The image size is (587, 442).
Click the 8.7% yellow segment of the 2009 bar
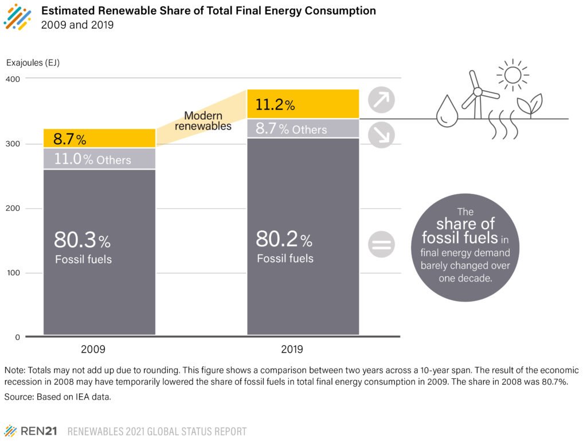99,138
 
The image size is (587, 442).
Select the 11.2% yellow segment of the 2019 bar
303,104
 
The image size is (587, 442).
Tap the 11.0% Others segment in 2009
99,159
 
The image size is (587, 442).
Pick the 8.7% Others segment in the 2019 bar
303,128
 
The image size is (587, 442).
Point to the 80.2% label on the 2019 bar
283,238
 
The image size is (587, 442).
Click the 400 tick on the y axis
13,79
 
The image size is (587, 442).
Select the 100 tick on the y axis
13,273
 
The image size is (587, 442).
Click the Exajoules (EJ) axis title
33,62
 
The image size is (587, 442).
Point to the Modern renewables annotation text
203,120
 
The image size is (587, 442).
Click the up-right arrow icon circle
381,100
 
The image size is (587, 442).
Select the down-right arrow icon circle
381,135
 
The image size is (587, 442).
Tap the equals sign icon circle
381,246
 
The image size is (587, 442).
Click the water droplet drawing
445,111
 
